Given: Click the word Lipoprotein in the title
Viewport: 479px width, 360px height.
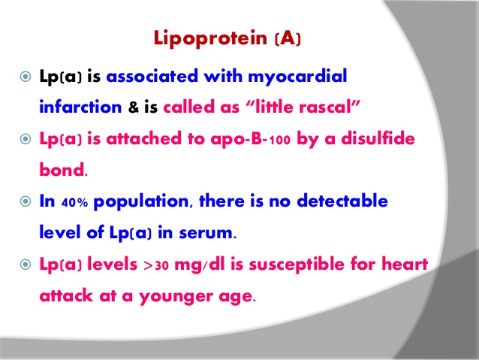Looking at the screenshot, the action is [x=210, y=39].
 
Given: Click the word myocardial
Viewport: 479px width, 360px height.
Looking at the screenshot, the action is [x=297, y=77].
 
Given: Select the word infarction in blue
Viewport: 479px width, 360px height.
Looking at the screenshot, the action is [x=80, y=107].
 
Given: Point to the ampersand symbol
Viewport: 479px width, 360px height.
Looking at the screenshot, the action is [x=133, y=107].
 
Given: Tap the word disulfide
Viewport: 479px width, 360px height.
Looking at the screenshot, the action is [x=378, y=138].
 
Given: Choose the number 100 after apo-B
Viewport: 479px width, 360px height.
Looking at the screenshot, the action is [x=279, y=140].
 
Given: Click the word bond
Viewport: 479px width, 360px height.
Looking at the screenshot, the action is [x=62, y=169].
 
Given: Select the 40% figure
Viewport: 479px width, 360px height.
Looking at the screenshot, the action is [x=74, y=202].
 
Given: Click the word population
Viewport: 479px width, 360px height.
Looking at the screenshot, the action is [x=141, y=202].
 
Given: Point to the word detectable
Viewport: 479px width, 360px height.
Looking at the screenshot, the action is [x=342, y=201].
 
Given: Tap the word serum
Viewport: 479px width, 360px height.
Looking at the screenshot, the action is [x=206, y=233].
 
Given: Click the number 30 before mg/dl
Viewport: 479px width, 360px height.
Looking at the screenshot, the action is [x=162, y=265].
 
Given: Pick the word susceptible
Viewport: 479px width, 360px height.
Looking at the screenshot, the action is [x=297, y=265].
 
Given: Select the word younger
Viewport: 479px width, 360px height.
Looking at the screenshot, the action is [x=176, y=297].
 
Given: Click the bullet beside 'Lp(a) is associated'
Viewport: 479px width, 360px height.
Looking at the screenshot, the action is [x=26, y=77].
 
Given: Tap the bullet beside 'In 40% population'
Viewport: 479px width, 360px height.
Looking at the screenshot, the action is [x=26, y=201].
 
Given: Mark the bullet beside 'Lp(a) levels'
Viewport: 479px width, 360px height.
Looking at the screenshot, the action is [x=26, y=265].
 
